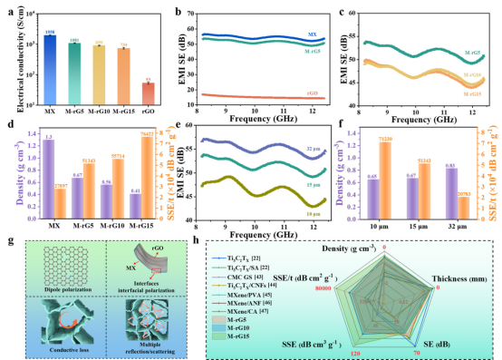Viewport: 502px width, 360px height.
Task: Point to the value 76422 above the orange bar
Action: (x=147, y=134)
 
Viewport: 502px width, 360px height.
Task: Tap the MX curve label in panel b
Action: (x=313, y=34)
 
